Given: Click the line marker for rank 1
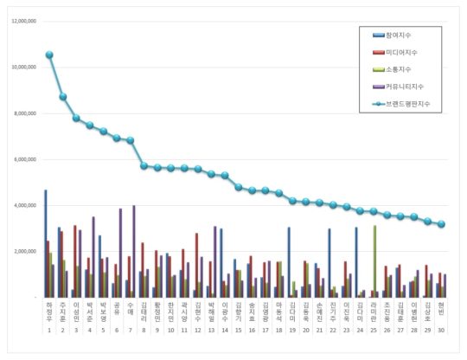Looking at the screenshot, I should pos(49,55).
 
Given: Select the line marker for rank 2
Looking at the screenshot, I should pos(63,97).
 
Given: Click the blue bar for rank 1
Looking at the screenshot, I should pos(45,243).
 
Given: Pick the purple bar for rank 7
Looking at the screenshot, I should pos(133,251).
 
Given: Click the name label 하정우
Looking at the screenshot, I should pos(48,311).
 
